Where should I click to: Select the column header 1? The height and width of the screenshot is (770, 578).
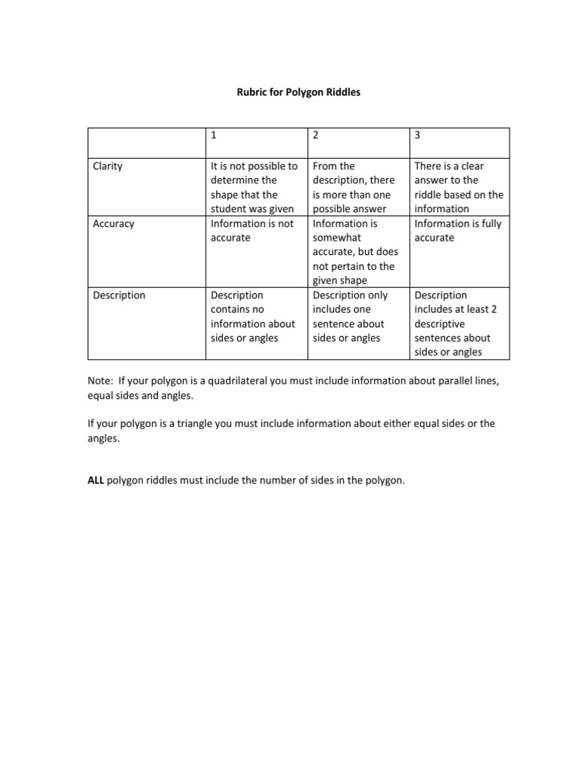(x=214, y=135)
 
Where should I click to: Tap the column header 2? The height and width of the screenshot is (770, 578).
(x=316, y=135)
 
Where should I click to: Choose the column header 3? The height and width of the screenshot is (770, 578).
(x=418, y=135)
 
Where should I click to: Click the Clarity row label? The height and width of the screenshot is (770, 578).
(x=108, y=166)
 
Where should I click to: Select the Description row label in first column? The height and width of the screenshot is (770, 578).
(x=119, y=296)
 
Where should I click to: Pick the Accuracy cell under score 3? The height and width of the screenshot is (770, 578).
(x=458, y=231)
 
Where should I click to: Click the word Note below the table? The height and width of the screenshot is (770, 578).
(x=100, y=381)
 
